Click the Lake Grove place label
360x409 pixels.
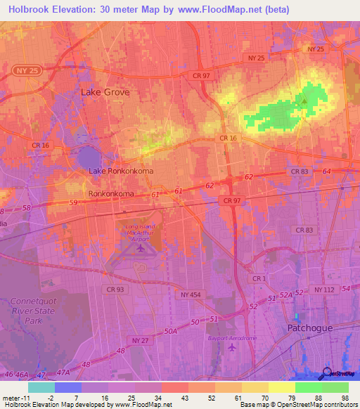tap(105, 92)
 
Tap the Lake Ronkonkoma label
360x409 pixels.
tap(121, 171)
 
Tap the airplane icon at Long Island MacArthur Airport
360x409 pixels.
tap(141, 247)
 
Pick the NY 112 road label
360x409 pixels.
tap(326, 290)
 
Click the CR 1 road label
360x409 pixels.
tap(259, 279)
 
